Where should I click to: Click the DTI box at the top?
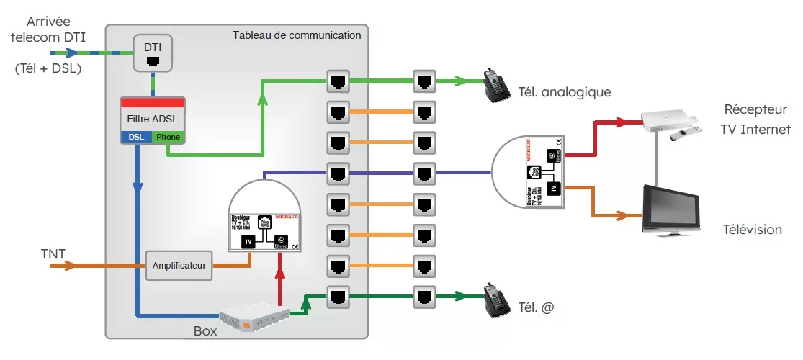pos(153,53)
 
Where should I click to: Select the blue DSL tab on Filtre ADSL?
pos(136,137)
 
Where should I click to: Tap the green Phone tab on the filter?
pos(169,137)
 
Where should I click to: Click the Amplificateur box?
pos(179,266)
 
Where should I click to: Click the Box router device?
pos(255,317)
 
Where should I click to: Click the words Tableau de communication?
pos(297,35)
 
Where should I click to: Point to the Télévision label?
pos(752,230)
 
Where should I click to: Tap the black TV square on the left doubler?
pos(248,241)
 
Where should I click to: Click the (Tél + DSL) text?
pos(48,70)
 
